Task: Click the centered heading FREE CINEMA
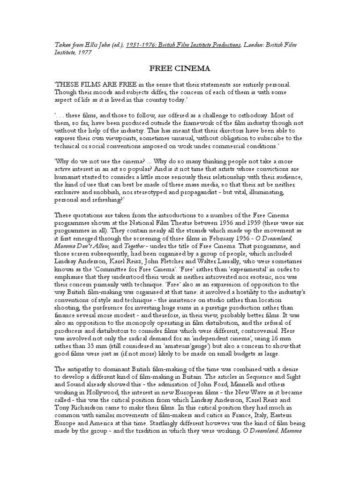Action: pos(180,68)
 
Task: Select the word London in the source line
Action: pos(256,45)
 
